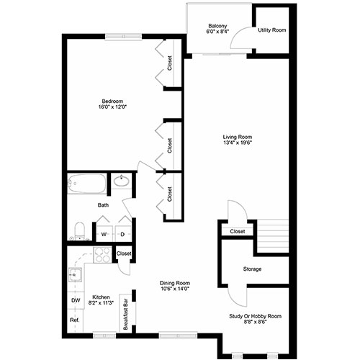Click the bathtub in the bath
point(86,184)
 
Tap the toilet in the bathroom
point(79,230)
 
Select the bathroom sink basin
point(122,181)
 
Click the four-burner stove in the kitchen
point(102,255)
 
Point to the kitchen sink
point(75,274)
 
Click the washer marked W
point(104,234)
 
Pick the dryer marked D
point(122,234)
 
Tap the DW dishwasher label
point(76,300)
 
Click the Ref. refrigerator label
point(75,320)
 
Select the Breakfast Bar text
point(125,315)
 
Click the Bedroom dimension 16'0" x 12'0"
point(112,107)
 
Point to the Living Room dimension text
point(238,143)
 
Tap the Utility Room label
point(272,30)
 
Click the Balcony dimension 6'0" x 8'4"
point(217,32)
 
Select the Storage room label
point(252,269)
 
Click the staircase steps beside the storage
point(273,235)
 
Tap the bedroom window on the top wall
point(124,37)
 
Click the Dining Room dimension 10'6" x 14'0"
point(174,289)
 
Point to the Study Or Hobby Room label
point(255,316)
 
